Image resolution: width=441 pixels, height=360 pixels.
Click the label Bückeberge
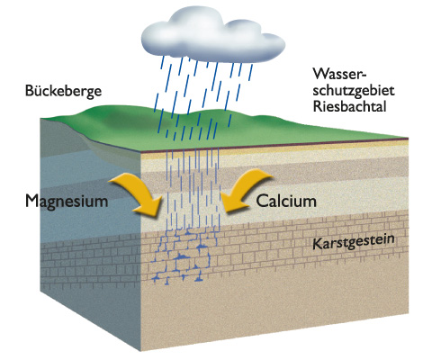(63, 91)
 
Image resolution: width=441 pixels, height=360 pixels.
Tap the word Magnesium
(67, 201)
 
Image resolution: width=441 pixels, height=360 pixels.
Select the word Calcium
(286, 201)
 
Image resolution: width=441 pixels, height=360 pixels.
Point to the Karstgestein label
(354, 242)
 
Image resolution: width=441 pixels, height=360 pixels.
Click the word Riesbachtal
(350, 106)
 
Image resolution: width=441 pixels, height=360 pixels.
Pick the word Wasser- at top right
(340, 74)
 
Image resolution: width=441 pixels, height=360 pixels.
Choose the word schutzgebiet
(354, 91)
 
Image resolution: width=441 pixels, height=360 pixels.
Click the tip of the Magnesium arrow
(157, 215)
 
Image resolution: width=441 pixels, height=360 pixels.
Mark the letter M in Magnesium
(32, 201)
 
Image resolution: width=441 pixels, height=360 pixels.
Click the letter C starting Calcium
(261, 201)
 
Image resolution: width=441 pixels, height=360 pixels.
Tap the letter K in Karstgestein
(317, 245)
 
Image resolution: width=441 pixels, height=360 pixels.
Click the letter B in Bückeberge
(29, 91)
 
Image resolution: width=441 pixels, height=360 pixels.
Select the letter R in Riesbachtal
(317, 106)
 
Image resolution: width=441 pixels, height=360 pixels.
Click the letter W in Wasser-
(320, 74)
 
